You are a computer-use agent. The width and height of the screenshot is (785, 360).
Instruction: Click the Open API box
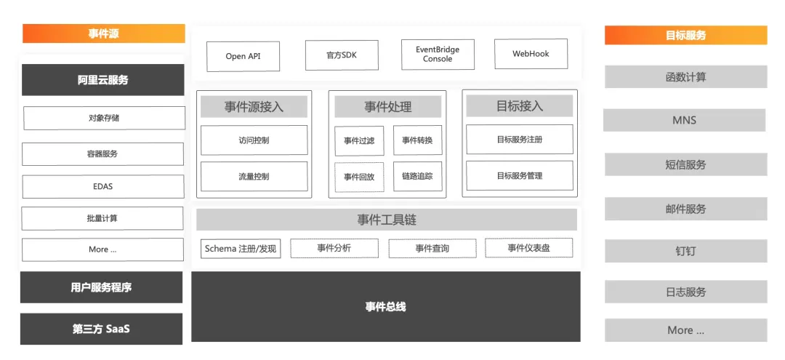[x=243, y=56]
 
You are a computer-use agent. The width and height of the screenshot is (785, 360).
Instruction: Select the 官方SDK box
[x=341, y=55]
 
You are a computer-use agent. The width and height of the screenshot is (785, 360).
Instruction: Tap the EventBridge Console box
[x=438, y=55]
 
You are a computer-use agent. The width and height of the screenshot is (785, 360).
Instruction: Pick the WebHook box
[x=531, y=54]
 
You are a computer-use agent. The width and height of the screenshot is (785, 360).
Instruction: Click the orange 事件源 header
[x=104, y=33]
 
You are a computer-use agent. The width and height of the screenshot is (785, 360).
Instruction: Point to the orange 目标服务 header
[x=685, y=35]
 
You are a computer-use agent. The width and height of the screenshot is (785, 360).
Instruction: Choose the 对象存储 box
[x=104, y=118]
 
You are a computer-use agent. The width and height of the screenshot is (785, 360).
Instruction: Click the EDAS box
[x=102, y=186]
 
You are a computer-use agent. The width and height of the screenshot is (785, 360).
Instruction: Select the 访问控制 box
[x=254, y=140]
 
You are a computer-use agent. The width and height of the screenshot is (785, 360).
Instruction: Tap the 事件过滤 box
[x=359, y=140]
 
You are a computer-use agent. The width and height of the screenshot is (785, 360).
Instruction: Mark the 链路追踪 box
[x=417, y=177]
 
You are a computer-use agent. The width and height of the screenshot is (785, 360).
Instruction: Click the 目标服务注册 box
[x=519, y=139]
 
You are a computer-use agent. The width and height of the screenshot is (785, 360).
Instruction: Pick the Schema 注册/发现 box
[x=241, y=249]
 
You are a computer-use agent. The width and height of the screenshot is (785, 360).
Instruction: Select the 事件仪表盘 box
[x=528, y=248]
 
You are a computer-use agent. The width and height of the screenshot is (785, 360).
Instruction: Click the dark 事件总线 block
[x=385, y=306]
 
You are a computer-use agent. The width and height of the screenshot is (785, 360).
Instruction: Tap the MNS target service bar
[x=684, y=120]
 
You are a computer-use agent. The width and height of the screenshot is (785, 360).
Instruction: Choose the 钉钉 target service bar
[x=685, y=251]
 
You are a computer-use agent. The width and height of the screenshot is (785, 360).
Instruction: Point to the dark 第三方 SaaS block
[x=101, y=329]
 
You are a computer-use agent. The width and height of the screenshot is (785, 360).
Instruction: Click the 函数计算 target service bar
[x=685, y=76]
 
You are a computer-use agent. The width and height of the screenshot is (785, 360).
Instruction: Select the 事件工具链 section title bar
[x=386, y=220]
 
